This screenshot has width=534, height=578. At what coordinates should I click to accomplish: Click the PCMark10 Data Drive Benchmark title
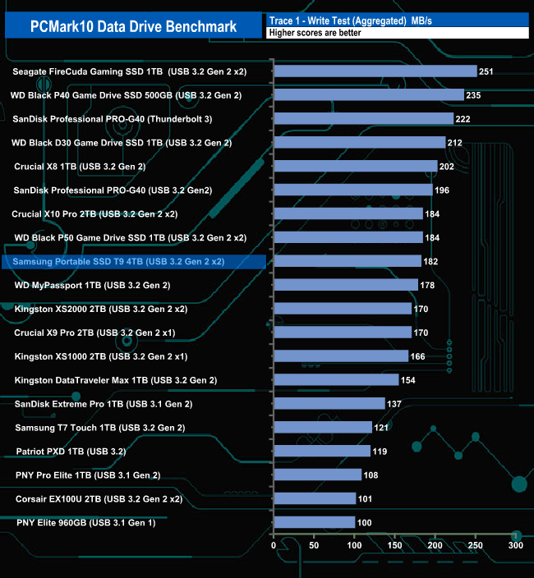134,26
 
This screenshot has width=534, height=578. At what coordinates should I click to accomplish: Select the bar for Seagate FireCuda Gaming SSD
375,71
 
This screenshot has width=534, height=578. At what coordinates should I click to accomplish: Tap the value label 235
474,95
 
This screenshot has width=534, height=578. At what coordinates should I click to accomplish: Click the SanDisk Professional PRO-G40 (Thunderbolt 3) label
113,119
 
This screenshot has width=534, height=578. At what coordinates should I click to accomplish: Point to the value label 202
447,167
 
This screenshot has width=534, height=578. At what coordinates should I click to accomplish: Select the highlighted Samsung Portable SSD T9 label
118,262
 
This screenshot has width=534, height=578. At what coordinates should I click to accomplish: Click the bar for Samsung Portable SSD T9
347,262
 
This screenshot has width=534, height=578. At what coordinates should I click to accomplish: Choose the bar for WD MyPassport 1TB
345,286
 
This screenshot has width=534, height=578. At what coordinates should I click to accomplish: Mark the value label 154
408,380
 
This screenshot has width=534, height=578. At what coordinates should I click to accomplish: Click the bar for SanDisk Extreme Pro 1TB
329,404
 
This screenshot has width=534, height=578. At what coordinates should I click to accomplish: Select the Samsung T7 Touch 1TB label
100,428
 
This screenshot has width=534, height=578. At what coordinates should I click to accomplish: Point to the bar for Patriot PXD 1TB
321,452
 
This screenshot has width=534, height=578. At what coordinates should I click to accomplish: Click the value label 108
371,475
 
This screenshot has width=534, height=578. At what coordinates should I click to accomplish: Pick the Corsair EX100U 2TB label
99,498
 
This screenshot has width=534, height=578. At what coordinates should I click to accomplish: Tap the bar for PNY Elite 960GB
314,522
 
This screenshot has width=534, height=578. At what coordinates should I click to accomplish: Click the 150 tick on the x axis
394,544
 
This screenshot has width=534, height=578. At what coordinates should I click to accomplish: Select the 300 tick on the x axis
515,544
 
